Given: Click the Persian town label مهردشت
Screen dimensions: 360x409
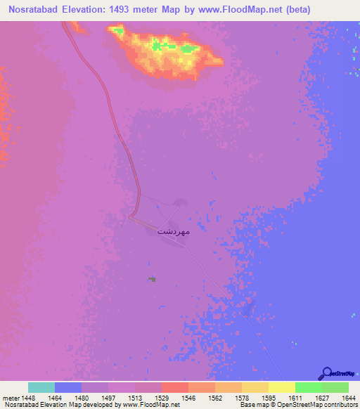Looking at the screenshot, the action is coord(173,231).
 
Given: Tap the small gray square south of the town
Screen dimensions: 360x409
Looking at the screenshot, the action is coord(153,279).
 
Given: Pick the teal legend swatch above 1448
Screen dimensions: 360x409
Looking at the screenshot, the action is coord(41,387).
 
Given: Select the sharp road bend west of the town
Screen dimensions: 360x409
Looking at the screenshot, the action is coord(131,216).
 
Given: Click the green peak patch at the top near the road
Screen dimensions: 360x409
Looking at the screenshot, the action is coord(117,31).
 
